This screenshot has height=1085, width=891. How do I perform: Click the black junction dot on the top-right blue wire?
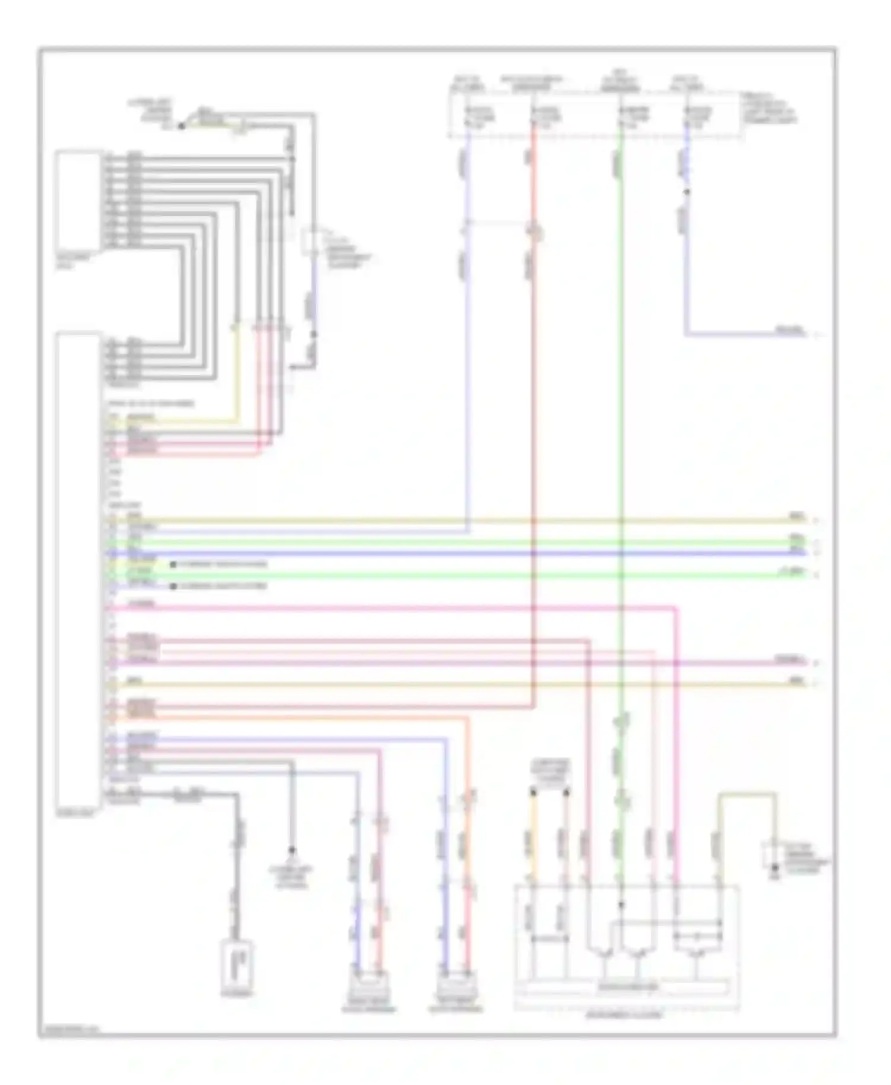[687, 192]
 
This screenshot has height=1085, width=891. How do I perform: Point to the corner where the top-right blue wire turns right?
[687, 335]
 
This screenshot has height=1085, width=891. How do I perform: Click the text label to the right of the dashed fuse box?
[769, 108]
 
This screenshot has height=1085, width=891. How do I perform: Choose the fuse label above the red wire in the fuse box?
[545, 116]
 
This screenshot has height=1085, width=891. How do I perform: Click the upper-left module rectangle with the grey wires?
[78, 201]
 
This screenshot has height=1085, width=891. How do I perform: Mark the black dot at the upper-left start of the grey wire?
[182, 126]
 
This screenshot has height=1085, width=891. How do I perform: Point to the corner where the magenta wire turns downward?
[676, 608]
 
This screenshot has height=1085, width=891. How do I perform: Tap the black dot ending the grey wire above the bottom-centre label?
[292, 849]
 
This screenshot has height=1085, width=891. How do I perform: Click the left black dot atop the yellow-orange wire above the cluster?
[533, 792]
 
